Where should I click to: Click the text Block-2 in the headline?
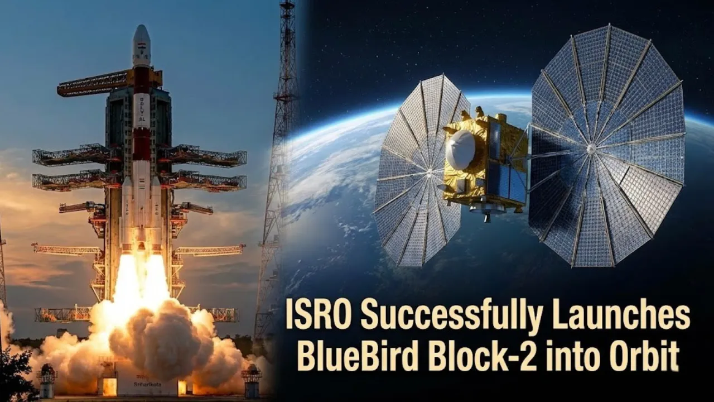(x=473, y=356)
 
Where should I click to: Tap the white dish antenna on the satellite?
(x=460, y=150)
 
